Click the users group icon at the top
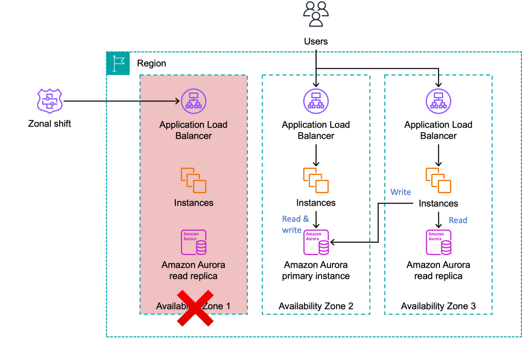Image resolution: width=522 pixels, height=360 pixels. (316, 14)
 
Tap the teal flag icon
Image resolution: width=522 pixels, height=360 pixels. (118, 64)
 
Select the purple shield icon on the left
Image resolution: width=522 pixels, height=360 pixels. (49, 100)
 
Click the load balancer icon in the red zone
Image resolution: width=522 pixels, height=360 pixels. (194, 101)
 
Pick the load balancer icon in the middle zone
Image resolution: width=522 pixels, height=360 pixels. (316, 101)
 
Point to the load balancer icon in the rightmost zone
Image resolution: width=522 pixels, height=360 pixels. (438, 101)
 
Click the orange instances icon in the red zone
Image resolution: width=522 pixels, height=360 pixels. (194, 181)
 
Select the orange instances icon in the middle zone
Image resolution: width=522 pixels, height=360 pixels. (316, 181)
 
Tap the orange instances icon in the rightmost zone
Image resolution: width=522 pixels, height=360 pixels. (438, 181)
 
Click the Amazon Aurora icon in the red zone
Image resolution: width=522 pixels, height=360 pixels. (194, 242)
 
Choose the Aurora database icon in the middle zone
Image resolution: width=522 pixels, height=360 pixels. (316, 242)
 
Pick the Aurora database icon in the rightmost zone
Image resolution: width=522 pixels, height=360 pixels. (438, 242)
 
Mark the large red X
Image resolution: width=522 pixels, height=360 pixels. (195, 308)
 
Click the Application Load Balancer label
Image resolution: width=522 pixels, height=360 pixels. (194, 131)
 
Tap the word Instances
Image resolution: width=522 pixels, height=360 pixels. (194, 203)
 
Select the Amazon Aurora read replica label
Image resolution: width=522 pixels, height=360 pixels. (194, 271)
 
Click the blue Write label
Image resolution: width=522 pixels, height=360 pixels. (401, 192)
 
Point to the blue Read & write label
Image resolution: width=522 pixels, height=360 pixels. (295, 224)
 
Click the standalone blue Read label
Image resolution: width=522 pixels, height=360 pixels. (458, 220)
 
